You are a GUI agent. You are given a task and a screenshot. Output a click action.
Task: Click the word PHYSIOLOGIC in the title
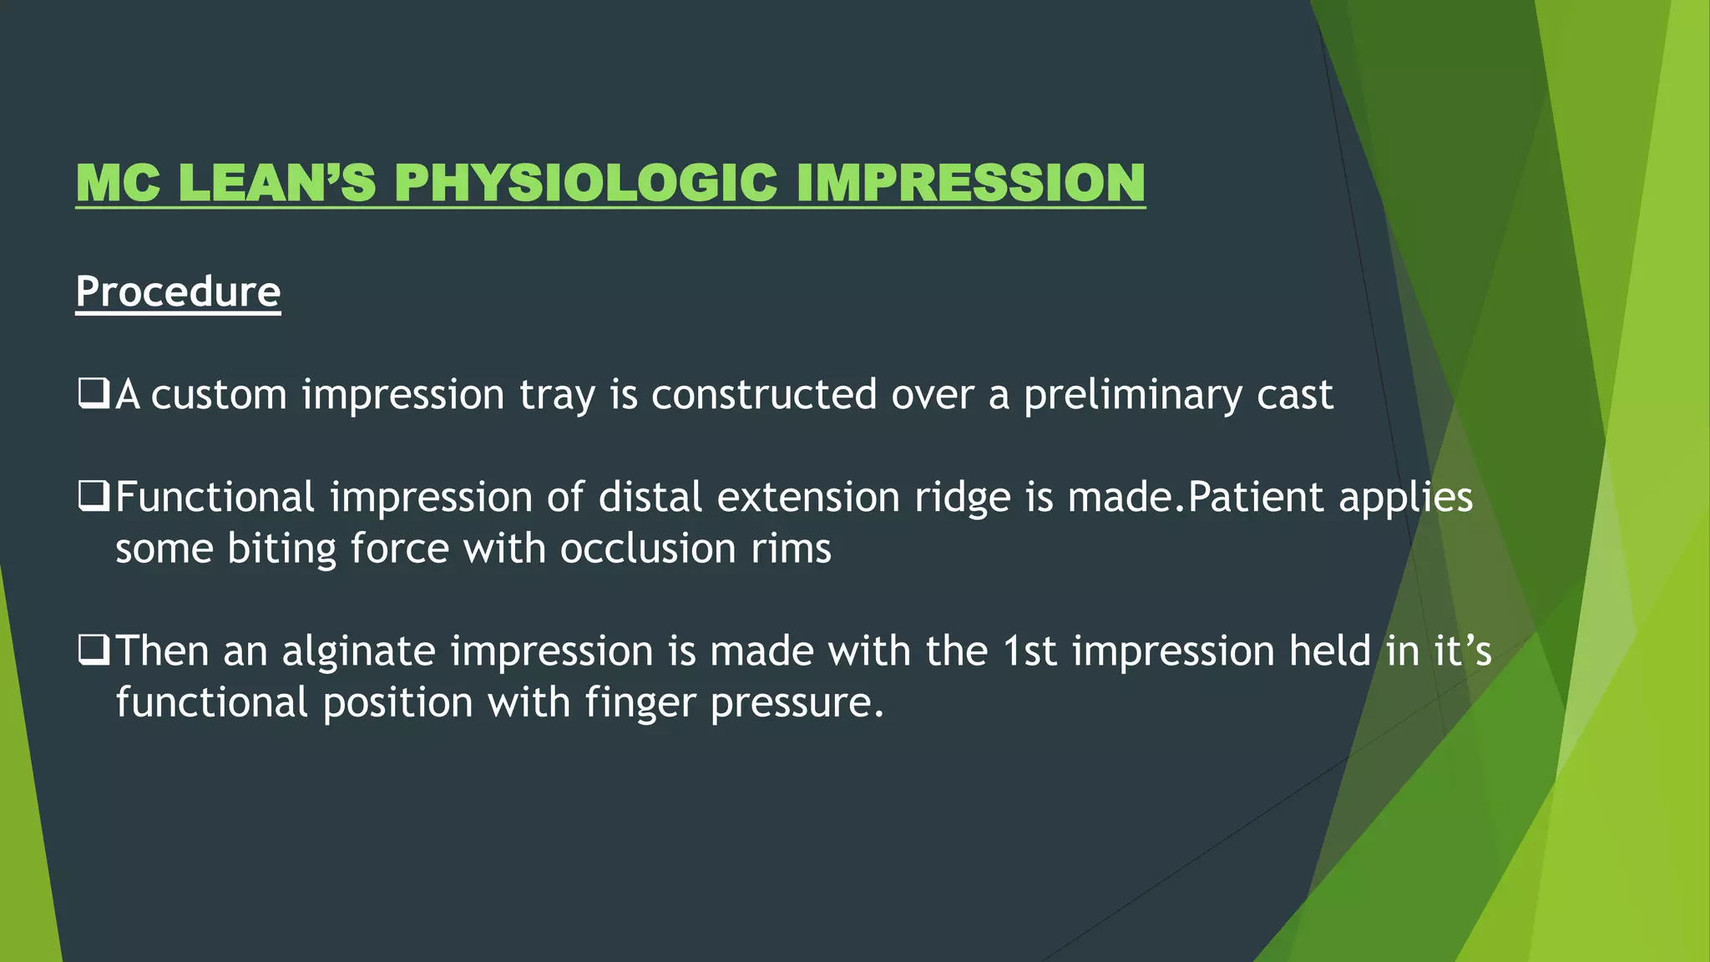(x=585, y=183)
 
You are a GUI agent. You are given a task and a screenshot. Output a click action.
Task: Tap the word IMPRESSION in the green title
(x=970, y=183)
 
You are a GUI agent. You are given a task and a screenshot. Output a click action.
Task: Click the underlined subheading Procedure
(x=178, y=292)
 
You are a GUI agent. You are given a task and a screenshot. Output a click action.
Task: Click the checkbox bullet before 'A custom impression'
(x=93, y=392)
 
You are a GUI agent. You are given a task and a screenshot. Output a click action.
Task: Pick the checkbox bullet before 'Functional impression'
(x=93, y=495)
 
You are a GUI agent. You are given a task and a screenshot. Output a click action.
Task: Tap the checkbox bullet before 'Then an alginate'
(x=93, y=650)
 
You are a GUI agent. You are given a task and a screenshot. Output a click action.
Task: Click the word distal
(x=650, y=498)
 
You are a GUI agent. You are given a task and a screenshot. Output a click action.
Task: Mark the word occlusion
(x=648, y=549)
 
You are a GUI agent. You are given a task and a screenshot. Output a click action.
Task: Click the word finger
(x=640, y=704)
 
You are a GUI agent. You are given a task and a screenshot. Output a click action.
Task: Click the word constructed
(x=764, y=395)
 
